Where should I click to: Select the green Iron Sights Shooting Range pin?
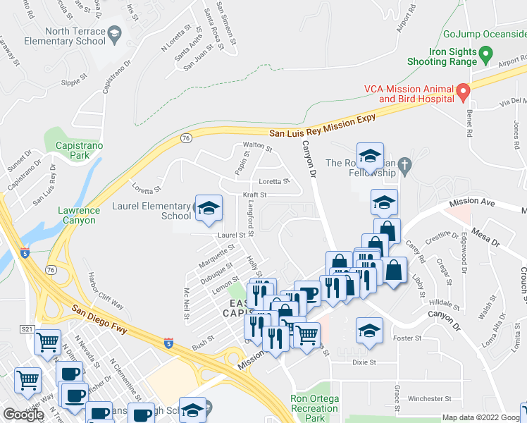click(x=485, y=54)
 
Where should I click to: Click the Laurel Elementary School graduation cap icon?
click(x=209, y=207)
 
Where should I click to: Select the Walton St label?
click(x=257, y=147)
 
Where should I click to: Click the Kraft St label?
click(x=254, y=195)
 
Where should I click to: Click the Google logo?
click(x=23, y=415)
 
